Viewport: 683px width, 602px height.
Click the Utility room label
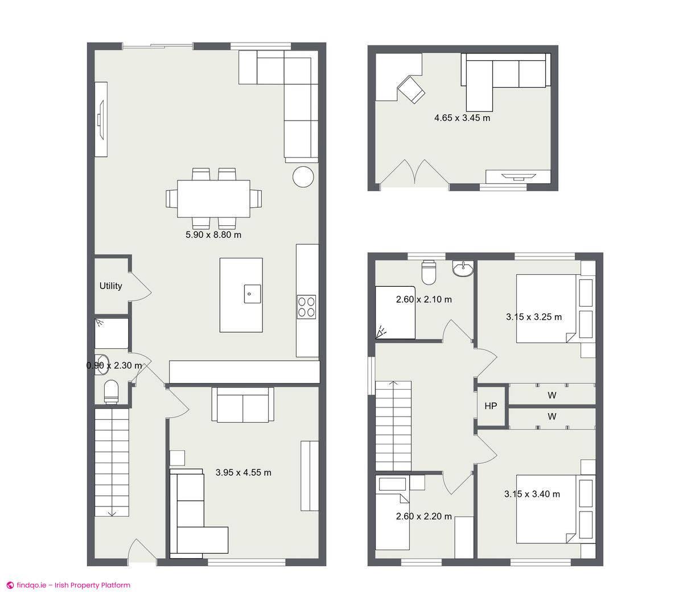point(110,286)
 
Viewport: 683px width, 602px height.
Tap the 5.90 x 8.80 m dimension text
point(213,234)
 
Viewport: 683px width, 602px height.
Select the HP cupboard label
point(491,406)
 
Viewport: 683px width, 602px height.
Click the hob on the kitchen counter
point(307,306)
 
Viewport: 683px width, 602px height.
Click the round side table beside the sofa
point(303,176)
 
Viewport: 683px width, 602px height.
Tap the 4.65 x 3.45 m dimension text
point(462,118)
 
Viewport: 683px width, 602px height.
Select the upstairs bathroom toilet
point(429,272)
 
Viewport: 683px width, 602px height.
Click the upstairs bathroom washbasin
point(463,269)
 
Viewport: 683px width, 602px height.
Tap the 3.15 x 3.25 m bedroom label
point(534,317)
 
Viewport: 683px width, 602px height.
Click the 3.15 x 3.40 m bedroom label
point(532,494)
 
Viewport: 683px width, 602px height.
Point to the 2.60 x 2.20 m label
point(424,517)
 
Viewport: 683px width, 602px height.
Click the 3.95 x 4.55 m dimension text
point(244,472)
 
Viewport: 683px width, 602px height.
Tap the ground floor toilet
point(111,391)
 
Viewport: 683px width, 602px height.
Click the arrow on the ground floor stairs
point(112,513)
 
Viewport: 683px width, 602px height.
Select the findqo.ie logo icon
point(10,585)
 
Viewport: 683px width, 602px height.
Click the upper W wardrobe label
point(552,395)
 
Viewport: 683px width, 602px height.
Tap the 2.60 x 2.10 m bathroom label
point(424,299)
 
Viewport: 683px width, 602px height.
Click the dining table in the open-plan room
point(213,198)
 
